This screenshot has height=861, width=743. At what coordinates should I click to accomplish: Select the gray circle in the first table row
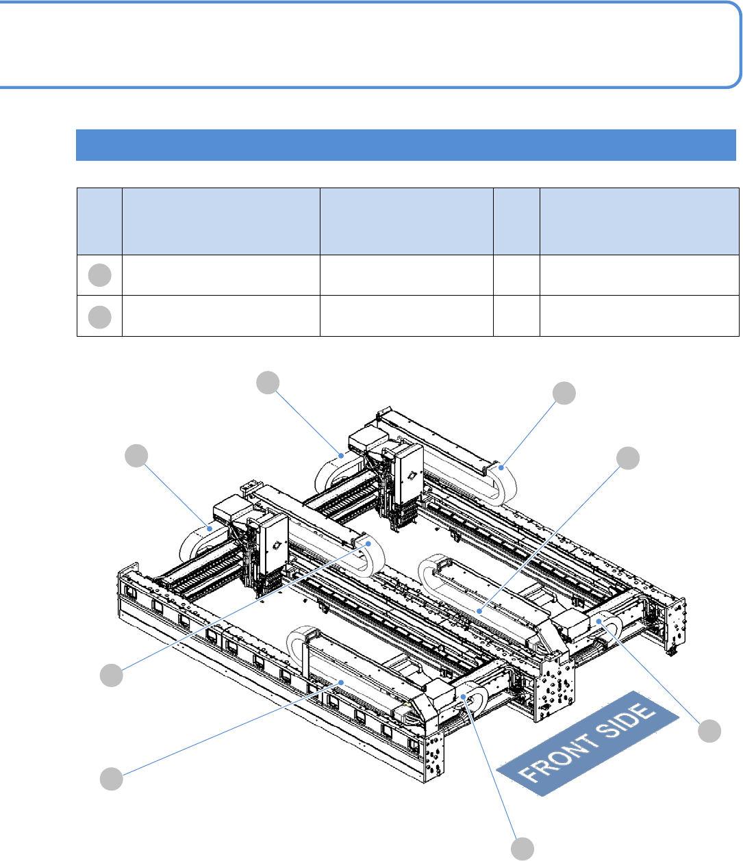99,275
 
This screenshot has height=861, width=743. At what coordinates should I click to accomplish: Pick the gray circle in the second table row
99,317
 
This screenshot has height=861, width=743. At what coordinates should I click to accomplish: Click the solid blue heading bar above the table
405,145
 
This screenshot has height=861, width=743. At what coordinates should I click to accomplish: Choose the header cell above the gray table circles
99,221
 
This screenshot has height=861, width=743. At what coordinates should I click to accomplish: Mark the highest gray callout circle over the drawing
268,383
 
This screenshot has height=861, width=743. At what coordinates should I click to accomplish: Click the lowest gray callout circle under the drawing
522,849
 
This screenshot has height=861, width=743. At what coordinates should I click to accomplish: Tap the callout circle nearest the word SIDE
709,731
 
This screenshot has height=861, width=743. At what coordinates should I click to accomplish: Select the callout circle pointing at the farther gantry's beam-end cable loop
564,393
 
